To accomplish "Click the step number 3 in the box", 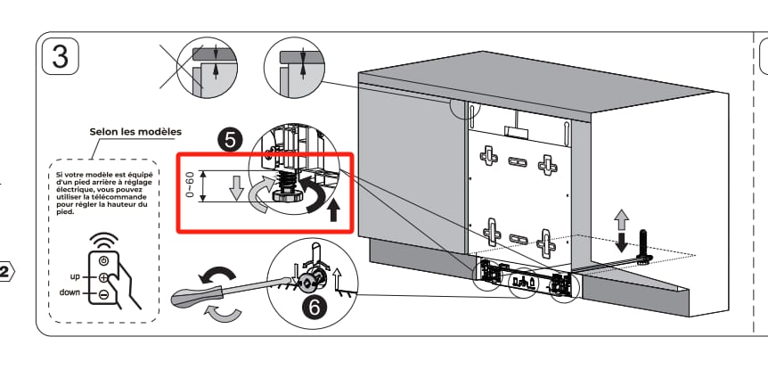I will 60,55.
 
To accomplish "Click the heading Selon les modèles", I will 135,132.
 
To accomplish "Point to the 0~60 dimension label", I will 190,185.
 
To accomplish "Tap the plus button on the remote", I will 104,278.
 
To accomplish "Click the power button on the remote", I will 104,260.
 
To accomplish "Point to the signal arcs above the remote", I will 106,242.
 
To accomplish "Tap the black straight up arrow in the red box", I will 333,210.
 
